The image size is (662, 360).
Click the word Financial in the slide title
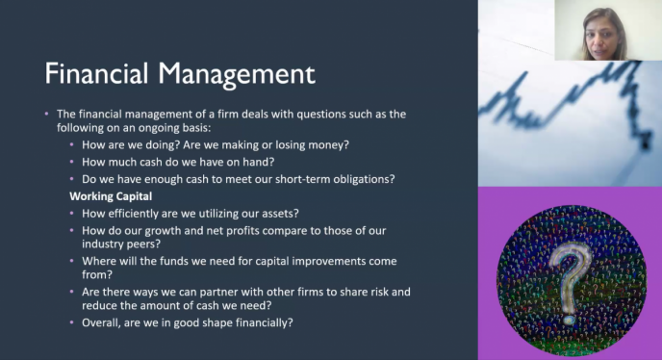click(96, 73)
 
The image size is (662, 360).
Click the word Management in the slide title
click(237, 76)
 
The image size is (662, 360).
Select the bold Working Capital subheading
click(111, 196)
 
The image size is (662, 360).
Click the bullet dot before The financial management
click(46, 114)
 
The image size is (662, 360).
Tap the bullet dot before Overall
click(72, 322)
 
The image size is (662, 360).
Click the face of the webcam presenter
click(605, 39)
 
